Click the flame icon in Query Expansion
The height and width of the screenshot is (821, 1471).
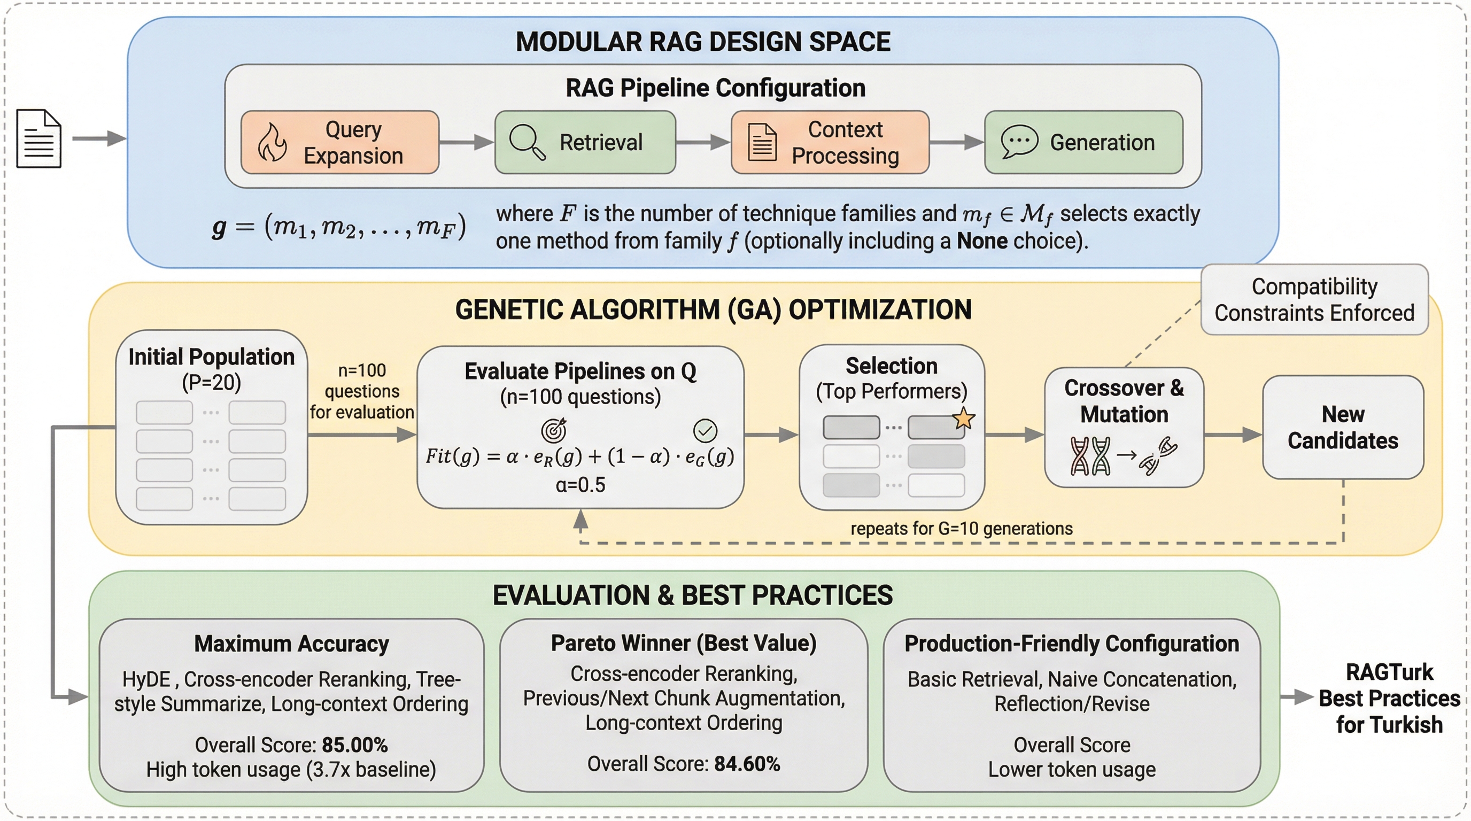(x=273, y=143)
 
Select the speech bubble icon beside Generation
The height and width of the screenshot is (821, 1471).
(x=1019, y=141)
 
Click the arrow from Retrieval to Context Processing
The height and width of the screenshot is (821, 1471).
(x=703, y=142)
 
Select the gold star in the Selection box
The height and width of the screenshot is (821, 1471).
(x=963, y=419)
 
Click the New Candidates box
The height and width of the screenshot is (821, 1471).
(x=1343, y=427)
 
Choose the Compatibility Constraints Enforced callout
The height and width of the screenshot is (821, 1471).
(x=1314, y=300)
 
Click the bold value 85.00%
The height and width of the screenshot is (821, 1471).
(x=354, y=745)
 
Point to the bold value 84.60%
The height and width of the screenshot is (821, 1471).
(x=747, y=764)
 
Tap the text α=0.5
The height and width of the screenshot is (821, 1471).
(x=580, y=485)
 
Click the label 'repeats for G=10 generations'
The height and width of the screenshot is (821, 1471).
(x=961, y=529)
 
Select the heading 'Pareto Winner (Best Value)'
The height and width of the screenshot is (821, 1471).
(x=684, y=644)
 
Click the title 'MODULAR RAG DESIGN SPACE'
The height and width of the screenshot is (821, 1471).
(x=703, y=42)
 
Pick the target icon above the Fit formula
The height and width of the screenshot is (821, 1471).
(x=554, y=430)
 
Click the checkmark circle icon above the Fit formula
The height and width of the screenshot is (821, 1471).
(x=705, y=430)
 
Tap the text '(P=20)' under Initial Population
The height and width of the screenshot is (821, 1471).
(x=211, y=383)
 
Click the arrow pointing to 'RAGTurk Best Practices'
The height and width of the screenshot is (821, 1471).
(x=1296, y=697)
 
